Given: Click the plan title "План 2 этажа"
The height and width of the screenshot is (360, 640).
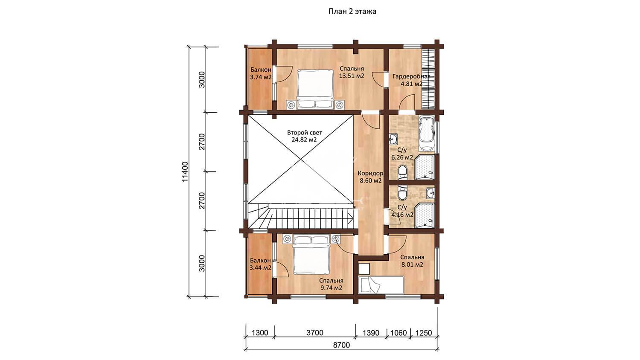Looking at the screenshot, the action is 352,12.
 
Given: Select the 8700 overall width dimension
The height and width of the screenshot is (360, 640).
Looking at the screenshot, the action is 342,345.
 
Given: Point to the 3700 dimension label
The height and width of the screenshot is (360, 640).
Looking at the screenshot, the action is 315,333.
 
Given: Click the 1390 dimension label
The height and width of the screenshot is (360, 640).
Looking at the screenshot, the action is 371,333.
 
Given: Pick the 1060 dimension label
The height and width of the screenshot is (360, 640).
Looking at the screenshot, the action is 398,333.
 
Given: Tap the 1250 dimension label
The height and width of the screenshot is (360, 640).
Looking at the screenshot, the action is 424,333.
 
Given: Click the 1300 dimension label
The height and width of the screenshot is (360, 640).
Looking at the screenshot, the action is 260,333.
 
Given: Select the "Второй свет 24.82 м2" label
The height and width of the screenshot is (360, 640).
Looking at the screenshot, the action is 305,136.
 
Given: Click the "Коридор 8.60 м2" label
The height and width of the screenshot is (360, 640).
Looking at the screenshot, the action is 370,177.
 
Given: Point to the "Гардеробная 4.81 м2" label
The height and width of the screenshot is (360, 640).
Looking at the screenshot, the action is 411,80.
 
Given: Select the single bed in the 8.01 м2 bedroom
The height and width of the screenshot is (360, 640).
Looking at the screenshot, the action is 381,285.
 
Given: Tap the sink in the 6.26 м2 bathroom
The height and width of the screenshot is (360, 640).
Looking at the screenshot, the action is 393,139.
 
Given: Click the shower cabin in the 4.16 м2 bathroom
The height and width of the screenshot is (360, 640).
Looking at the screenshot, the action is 424,215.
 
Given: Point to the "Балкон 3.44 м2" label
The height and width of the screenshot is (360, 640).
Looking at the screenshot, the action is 260,264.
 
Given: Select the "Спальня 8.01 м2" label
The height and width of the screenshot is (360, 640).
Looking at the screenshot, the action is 412,261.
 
